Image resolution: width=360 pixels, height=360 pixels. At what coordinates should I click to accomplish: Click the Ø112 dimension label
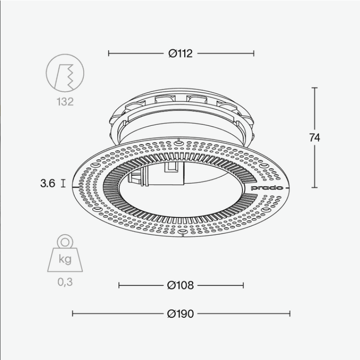(x=180, y=53)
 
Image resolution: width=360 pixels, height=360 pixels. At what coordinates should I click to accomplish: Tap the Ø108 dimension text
(x=180, y=286)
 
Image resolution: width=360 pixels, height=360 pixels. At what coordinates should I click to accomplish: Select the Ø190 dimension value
(x=180, y=313)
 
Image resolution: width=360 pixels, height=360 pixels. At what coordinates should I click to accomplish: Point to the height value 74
(x=314, y=138)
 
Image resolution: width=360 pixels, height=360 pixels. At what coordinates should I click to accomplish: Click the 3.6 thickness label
(x=48, y=183)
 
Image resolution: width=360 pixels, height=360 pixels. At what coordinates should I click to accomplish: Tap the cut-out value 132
(x=65, y=102)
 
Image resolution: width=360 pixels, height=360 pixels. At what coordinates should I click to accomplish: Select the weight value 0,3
(x=65, y=282)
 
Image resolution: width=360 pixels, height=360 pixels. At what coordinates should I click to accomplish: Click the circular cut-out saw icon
(x=65, y=73)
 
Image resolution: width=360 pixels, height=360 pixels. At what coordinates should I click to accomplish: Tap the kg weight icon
(x=65, y=253)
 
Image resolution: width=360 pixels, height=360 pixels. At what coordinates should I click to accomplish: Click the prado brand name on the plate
(x=267, y=188)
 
